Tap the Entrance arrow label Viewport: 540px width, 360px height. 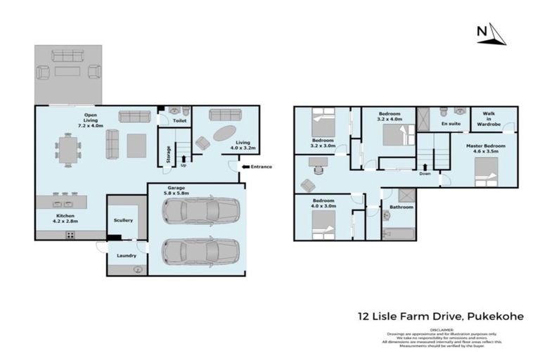(x=257, y=167)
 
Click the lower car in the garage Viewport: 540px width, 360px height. (x=200, y=250)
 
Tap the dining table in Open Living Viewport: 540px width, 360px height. (x=69, y=150)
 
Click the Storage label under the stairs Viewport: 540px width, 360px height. (x=168, y=154)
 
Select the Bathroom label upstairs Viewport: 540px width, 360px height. (x=401, y=207)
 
